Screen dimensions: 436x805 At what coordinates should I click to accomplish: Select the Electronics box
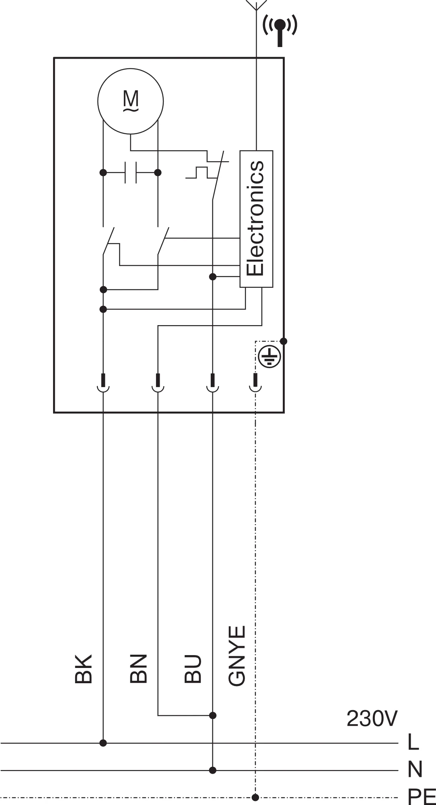click(256, 219)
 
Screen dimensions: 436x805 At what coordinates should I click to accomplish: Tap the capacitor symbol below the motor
click(131, 172)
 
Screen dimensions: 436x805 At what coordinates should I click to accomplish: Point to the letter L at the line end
click(413, 742)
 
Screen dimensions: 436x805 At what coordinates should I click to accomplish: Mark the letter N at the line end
click(415, 770)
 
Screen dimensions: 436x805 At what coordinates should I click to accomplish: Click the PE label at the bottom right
click(422, 797)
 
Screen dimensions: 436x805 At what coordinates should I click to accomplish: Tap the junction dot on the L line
click(103, 743)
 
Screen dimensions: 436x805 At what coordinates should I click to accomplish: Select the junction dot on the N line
click(213, 770)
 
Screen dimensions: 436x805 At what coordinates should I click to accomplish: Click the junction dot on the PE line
click(255, 797)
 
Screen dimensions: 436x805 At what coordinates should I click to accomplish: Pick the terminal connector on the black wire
click(103, 383)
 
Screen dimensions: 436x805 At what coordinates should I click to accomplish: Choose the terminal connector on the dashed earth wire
click(255, 383)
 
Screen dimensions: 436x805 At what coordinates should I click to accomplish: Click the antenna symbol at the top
click(256, 5)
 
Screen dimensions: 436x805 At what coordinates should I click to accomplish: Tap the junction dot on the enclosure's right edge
click(284, 341)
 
